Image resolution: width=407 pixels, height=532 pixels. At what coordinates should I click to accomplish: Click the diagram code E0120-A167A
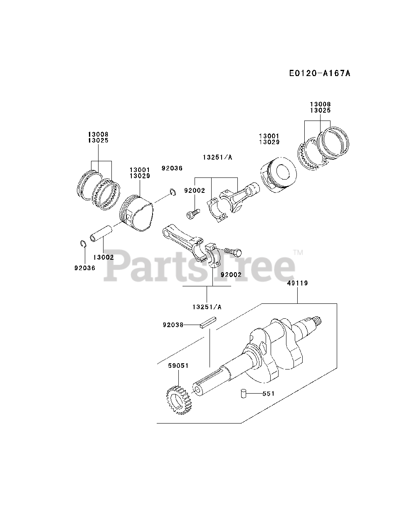click(x=320, y=74)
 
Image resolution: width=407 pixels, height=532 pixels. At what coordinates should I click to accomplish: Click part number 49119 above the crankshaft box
click(x=297, y=283)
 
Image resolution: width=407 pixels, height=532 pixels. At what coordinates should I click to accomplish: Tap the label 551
click(x=268, y=393)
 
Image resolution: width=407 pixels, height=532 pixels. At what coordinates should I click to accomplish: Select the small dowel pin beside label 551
click(x=244, y=393)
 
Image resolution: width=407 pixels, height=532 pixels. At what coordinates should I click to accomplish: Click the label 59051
click(x=178, y=366)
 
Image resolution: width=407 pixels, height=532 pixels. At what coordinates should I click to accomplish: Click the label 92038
click(x=173, y=325)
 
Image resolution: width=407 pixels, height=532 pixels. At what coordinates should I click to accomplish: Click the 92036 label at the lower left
click(x=85, y=268)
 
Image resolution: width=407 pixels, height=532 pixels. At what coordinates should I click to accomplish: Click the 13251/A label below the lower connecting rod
click(x=207, y=307)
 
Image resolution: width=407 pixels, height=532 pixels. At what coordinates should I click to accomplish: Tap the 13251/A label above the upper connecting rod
click(x=217, y=157)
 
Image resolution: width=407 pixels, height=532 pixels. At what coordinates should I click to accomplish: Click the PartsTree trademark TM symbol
click(x=298, y=252)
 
